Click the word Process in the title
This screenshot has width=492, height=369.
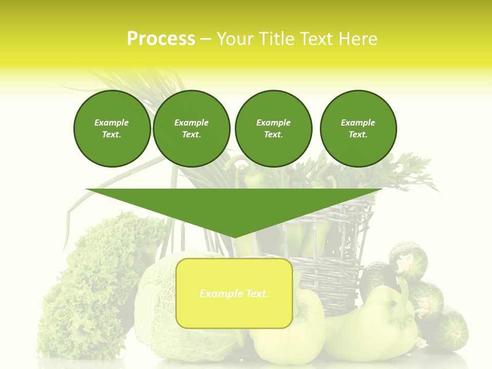(161, 39)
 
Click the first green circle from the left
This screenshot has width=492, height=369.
(112, 129)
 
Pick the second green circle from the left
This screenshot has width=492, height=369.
(191, 129)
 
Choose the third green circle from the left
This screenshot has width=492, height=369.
(273, 129)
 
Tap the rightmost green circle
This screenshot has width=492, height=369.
(358, 129)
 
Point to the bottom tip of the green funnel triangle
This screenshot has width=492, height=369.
(234, 237)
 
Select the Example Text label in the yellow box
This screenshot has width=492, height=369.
(234, 294)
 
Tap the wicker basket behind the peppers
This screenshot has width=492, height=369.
(333, 256)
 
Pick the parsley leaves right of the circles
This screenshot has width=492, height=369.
(410, 169)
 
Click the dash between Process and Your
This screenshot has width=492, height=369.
(206, 39)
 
